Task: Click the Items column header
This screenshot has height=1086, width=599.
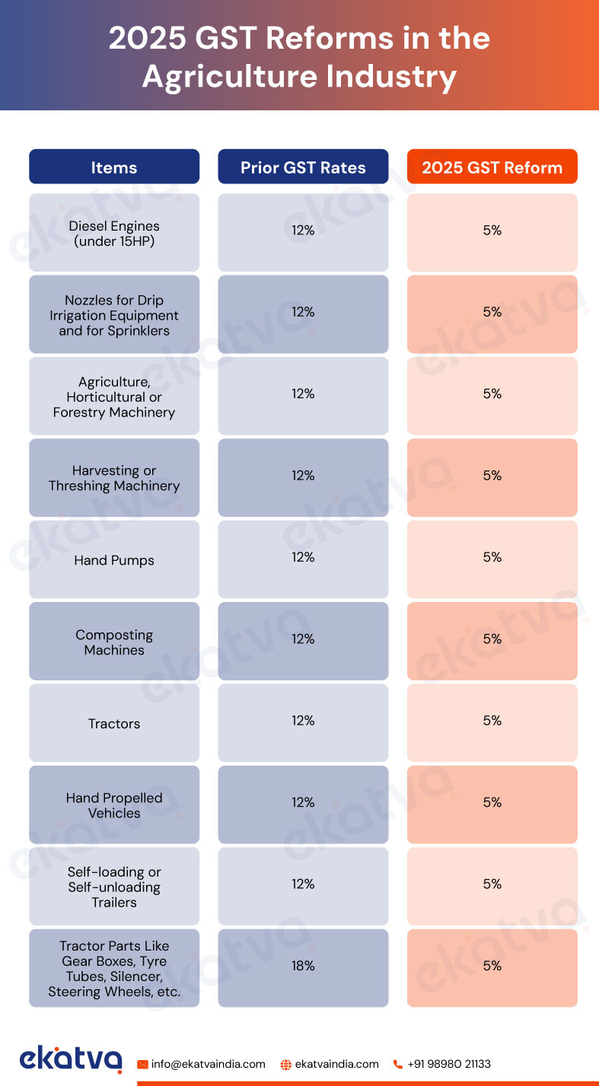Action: point(114,167)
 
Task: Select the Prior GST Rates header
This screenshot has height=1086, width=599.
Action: point(303,167)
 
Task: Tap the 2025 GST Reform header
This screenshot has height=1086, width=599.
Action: point(492,167)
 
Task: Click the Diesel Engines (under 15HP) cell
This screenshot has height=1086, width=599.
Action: point(114,234)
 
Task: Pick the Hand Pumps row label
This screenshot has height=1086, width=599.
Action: point(114,561)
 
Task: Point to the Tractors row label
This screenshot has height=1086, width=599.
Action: point(114,724)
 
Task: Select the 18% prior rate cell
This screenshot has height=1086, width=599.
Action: point(303,966)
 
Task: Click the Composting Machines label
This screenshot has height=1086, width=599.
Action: point(114,642)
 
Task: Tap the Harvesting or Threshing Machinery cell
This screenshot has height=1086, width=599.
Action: point(114,479)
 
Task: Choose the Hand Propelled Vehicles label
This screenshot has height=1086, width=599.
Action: point(114,805)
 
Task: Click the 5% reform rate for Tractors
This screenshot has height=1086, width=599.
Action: point(492,721)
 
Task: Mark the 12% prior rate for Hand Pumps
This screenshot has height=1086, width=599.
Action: point(303,557)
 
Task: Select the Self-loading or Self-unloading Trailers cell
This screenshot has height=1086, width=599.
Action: point(114,887)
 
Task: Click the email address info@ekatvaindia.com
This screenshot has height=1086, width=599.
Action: point(208,1064)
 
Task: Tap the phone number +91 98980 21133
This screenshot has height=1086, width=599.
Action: point(448,1064)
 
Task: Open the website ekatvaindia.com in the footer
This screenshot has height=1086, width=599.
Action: point(336,1064)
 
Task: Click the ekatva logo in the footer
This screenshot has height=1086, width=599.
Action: point(71,1059)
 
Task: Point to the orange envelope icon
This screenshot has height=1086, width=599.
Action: point(142,1065)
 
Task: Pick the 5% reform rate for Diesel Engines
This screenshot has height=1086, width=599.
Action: point(492,230)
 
